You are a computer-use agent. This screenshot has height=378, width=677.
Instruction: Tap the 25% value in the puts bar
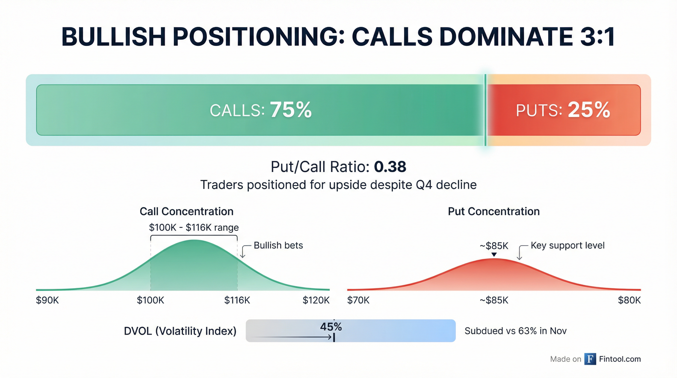589,110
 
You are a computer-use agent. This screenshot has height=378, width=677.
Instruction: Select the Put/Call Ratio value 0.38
390,167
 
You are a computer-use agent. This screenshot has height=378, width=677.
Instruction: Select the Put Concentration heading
493,211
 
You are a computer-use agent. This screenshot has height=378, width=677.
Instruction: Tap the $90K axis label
47,300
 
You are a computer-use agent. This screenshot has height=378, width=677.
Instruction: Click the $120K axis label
316,300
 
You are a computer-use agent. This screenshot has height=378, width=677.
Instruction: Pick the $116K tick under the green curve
237,300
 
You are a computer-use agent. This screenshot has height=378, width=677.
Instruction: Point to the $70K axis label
358,300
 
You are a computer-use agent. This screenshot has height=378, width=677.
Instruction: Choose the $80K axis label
629,300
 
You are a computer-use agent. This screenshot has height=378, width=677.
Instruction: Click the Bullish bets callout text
278,245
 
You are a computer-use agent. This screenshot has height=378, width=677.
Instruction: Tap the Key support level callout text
568,245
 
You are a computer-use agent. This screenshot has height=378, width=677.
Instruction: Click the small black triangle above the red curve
494,254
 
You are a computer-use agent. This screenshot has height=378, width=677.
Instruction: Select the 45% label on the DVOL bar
331,327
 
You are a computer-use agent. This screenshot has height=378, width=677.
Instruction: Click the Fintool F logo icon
590,359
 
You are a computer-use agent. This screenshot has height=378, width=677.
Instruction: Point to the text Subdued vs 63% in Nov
515,331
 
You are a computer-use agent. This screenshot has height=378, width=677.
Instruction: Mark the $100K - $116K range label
194,227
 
